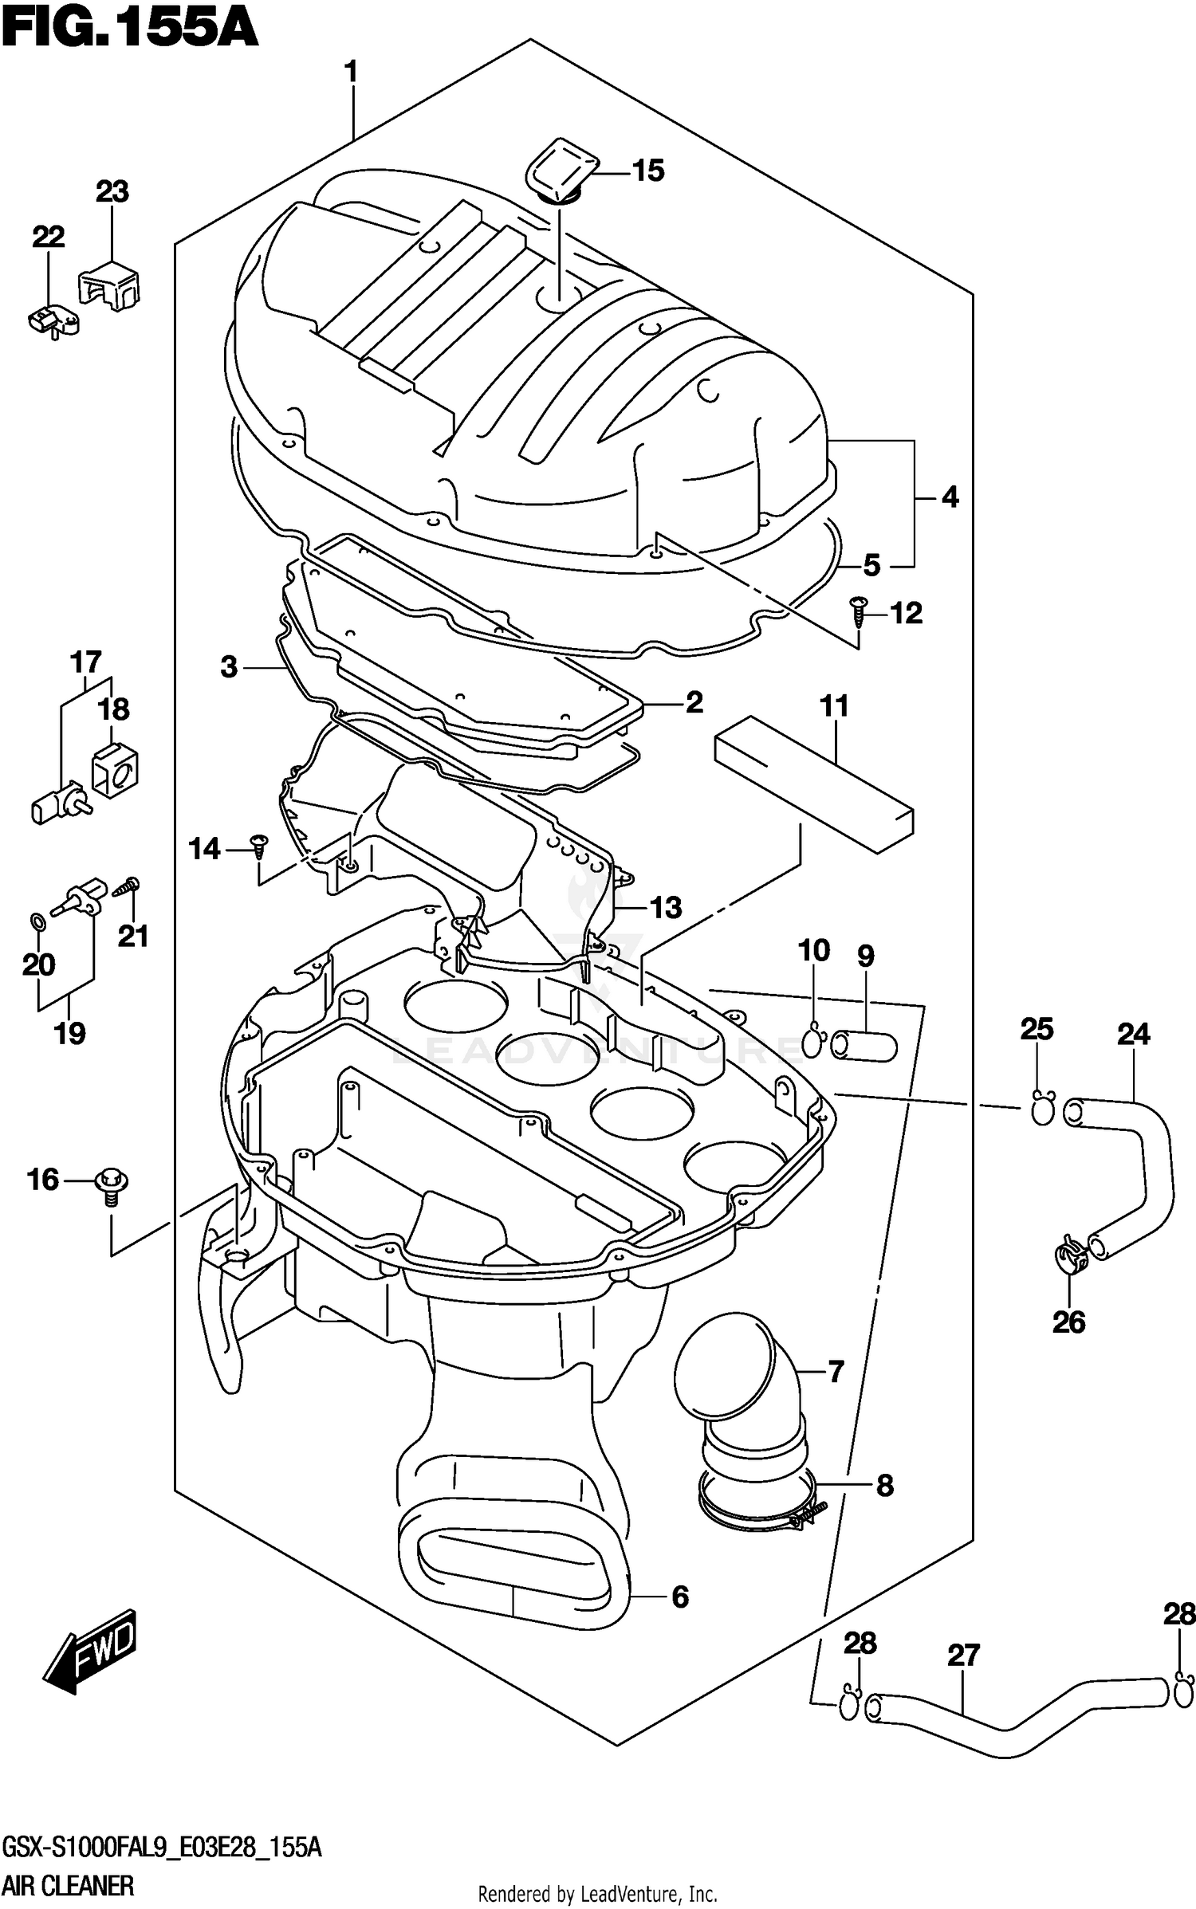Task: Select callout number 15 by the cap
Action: (x=648, y=171)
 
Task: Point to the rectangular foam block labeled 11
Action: (x=813, y=784)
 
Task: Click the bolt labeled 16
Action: (x=112, y=1180)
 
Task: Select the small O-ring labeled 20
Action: (x=37, y=921)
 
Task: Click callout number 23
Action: (x=112, y=192)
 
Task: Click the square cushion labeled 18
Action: (x=116, y=769)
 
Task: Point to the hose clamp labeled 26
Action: (x=1067, y=1253)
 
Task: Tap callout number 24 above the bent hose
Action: (x=1133, y=1035)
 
